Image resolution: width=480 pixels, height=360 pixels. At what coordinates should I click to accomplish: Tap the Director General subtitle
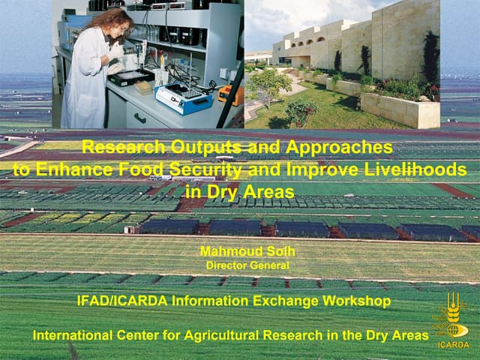click(247, 265)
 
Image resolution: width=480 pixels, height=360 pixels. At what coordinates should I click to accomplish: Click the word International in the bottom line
click(75, 335)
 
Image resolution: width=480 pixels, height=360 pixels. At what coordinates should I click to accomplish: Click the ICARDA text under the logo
click(453, 346)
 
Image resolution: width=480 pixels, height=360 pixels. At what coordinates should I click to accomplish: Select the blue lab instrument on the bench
click(184, 97)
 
